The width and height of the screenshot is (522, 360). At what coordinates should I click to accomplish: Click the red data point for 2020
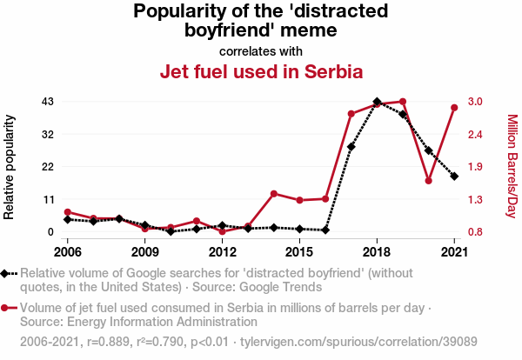[429, 181]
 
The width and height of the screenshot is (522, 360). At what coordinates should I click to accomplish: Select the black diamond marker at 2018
[377, 102]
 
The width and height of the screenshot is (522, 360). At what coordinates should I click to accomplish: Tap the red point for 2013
[248, 227]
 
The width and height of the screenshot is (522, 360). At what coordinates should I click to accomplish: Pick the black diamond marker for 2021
[454, 177]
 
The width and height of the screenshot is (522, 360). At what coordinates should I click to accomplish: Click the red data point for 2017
[351, 114]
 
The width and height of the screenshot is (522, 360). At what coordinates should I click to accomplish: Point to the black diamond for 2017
[351, 147]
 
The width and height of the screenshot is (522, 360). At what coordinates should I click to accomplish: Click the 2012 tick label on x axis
[223, 252]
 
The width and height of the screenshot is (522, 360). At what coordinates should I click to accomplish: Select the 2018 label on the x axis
[377, 252]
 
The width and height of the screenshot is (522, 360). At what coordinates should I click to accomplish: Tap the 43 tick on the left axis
[48, 102]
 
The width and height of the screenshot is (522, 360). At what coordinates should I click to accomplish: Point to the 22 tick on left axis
[48, 167]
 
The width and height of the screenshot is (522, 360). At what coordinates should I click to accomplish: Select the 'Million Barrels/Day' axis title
[512, 166]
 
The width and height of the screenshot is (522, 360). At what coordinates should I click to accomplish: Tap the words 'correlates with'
[261, 50]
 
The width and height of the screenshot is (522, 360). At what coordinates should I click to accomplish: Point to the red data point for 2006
[68, 212]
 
